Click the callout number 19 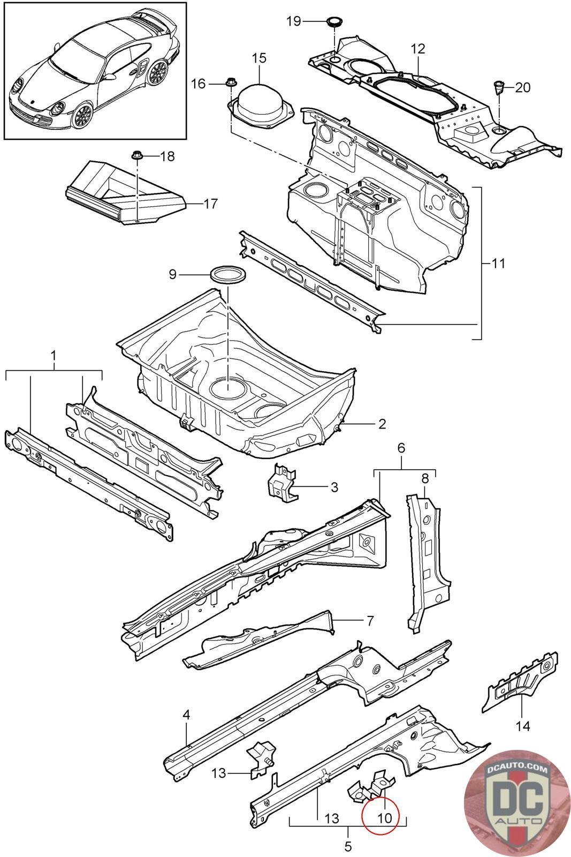click(x=294, y=21)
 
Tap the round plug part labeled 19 click(x=335, y=22)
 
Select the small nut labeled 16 click(x=231, y=81)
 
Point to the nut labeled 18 click(x=136, y=155)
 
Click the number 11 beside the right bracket click(x=498, y=263)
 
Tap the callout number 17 click(x=211, y=204)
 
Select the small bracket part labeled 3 click(x=283, y=483)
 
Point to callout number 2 click(x=382, y=424)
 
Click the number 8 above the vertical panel click(x=425, y=478)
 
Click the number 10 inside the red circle click(x=384, y=817)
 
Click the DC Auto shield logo click(x=517, y=804)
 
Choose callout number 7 click(x=370, y=621)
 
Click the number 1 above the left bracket click(x=54, y=356)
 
